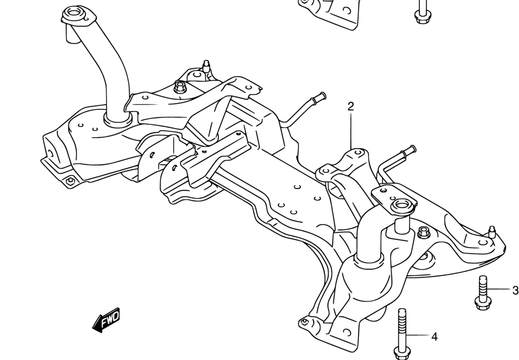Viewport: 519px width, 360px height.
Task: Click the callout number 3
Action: click(515, 290)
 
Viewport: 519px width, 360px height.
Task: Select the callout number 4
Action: click(434, 336)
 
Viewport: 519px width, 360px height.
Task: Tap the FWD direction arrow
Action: click(106, 319)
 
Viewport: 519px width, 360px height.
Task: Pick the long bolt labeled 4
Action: click(402, 332)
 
